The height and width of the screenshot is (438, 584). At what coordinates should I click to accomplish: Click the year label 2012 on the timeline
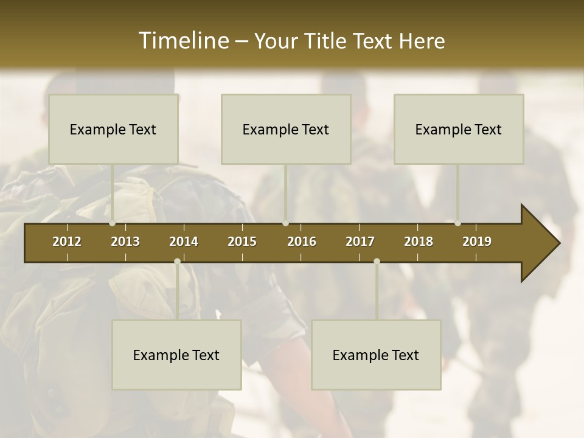click(x=67, y=242)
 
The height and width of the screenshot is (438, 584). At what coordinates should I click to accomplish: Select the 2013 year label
click(x=125, y=242)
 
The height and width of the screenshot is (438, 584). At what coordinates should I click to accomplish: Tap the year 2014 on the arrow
click(x=184, y=242)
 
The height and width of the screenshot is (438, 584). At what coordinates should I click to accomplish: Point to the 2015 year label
click(x=242, y=242)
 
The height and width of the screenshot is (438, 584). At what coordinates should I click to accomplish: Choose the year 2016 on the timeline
click(x=302, y=242)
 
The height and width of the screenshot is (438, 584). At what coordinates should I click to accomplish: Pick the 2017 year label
click(x=360, y=242)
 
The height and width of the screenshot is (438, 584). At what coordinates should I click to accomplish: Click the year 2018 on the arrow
click(x=419, y=242)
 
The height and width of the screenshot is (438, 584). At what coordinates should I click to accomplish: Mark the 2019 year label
click(x=477, y=242)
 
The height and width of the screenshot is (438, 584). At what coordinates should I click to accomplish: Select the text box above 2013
click(x=113, y=129)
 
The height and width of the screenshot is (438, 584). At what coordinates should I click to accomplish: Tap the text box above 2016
click(x=286, y=129)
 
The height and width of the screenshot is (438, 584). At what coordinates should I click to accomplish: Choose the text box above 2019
click(x=459, y=129)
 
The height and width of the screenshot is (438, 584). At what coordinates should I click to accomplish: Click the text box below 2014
click(x=176, y=355)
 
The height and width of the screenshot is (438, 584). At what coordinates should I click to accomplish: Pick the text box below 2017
click(x=376, y=355)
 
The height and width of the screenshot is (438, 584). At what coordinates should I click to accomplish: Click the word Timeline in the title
click(x=183, y=41)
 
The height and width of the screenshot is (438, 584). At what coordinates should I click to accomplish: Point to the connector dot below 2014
click(x=177, y=262)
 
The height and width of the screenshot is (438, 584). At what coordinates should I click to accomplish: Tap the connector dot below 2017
click(x=377, y=262)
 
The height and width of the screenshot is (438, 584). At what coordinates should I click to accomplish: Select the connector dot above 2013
click(x=113, y=223)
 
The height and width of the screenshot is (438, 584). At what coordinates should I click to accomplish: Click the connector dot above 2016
click(x=285, y=223)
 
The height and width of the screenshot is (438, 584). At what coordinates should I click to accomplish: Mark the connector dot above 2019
click(x=458, y=223)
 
